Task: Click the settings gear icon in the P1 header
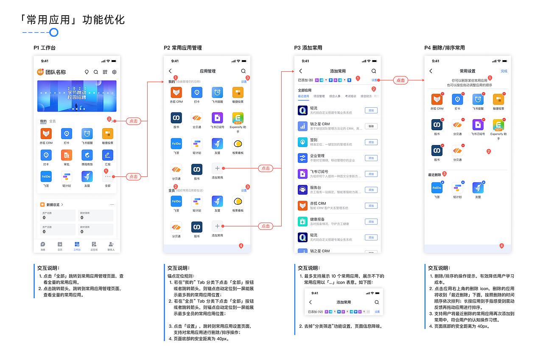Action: (x=114, y=72)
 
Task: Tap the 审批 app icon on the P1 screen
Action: (x=67, y=155)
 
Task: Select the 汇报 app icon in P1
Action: (x=107, y=155)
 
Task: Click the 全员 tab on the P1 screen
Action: (x=52, y=121)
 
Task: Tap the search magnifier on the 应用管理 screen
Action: (x=244, y=71)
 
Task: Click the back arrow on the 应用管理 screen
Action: (x=171, y=71)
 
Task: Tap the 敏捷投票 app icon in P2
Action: (x=238, y=92)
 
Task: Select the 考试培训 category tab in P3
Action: (x=350, y=96)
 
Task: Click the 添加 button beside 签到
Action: (x=371, y=142)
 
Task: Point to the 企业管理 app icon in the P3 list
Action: (x=302, y=158)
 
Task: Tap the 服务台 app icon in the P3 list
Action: (x=302, y=190)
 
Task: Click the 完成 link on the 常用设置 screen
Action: (x=504, y=71)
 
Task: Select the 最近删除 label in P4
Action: (x=434, y=174)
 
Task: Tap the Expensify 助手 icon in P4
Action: (x=498, y=125)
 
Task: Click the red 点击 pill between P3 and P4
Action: (x=400, y=80)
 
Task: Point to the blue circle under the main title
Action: (x=54, y=33)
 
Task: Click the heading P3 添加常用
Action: (x=308, y=48)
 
